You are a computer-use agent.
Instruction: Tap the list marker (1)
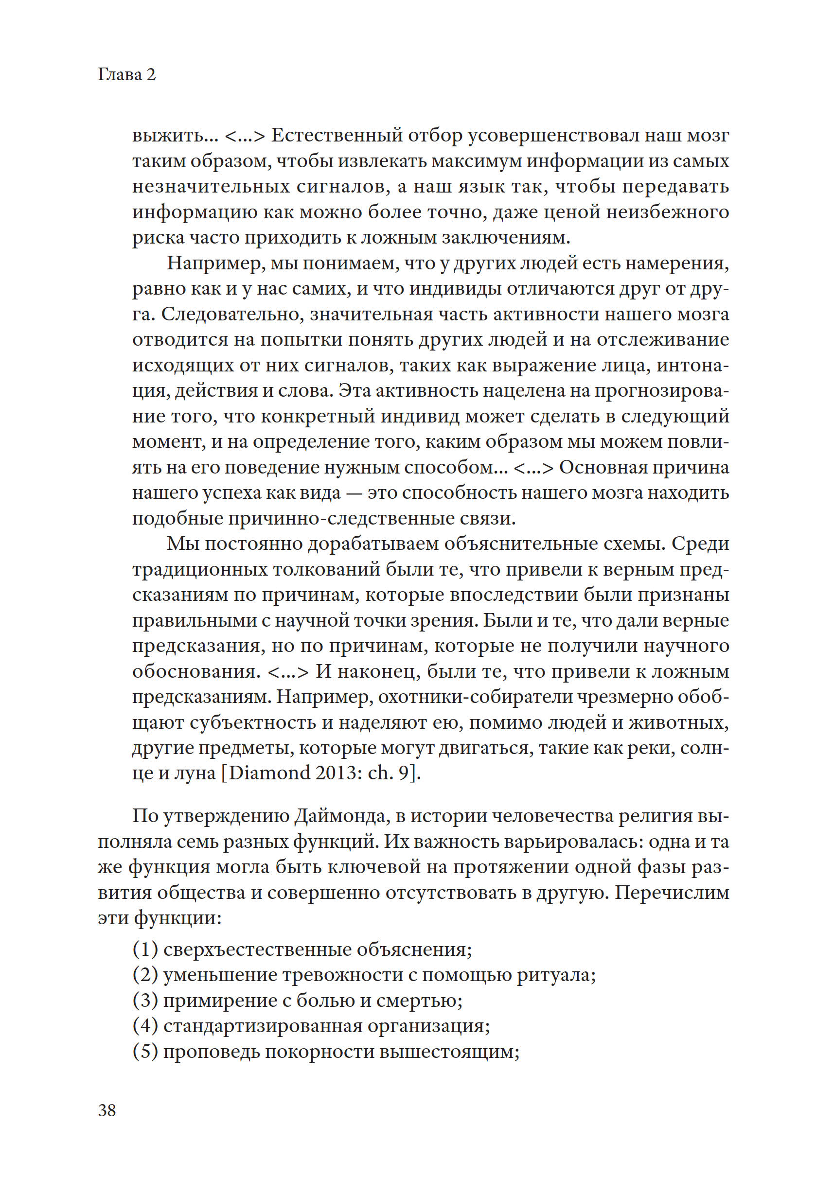(x=145, y=949)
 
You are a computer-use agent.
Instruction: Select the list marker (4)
(x=145, y=1026)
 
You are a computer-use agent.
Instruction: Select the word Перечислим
(x=672, y=893)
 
